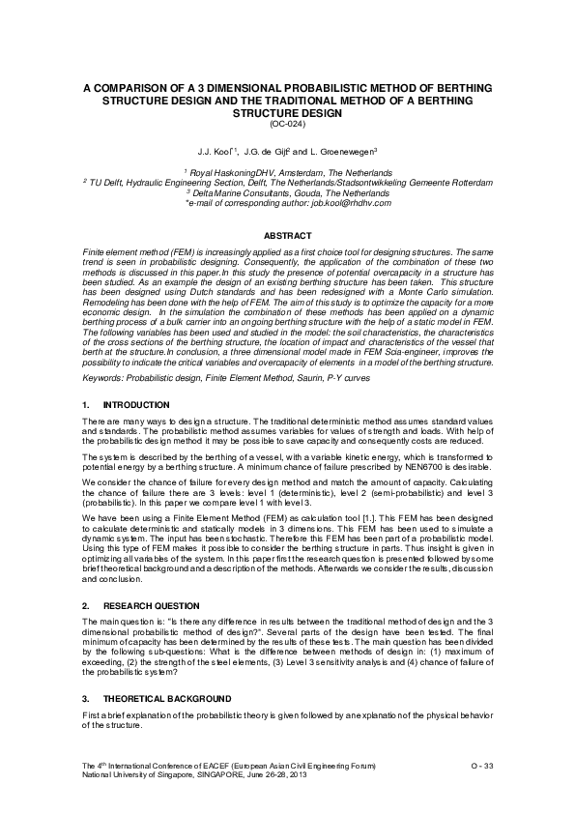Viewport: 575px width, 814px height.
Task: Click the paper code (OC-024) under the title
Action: (x=287, y=123)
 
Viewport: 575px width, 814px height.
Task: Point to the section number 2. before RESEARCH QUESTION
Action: (x=86, y=604)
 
